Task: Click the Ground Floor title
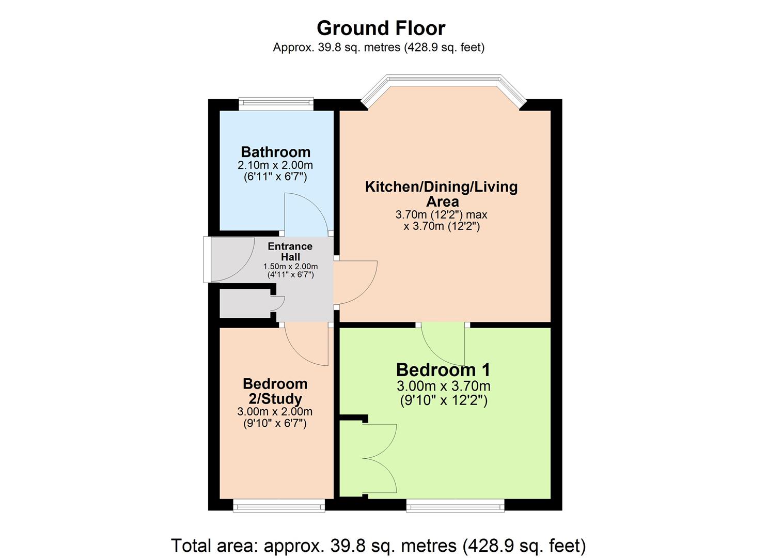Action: (381, 28)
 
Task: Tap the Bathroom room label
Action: (275, 152)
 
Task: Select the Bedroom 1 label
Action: (443, 370)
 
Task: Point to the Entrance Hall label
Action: (290, 252)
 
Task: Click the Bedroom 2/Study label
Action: (275, 391)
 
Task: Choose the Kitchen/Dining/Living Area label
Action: (441, 194)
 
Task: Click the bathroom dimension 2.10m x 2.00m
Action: (275, 165)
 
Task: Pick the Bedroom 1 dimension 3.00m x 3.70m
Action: (443, 386)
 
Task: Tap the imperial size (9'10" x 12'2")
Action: (443, 400)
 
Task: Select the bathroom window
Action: (276, 104)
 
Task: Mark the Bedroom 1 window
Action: (455, 505)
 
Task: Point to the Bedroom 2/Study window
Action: (279, 505)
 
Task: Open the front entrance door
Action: (230, 259)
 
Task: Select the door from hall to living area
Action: (355, 282)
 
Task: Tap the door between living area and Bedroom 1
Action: (443, 344)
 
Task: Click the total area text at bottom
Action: (378, 546)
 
